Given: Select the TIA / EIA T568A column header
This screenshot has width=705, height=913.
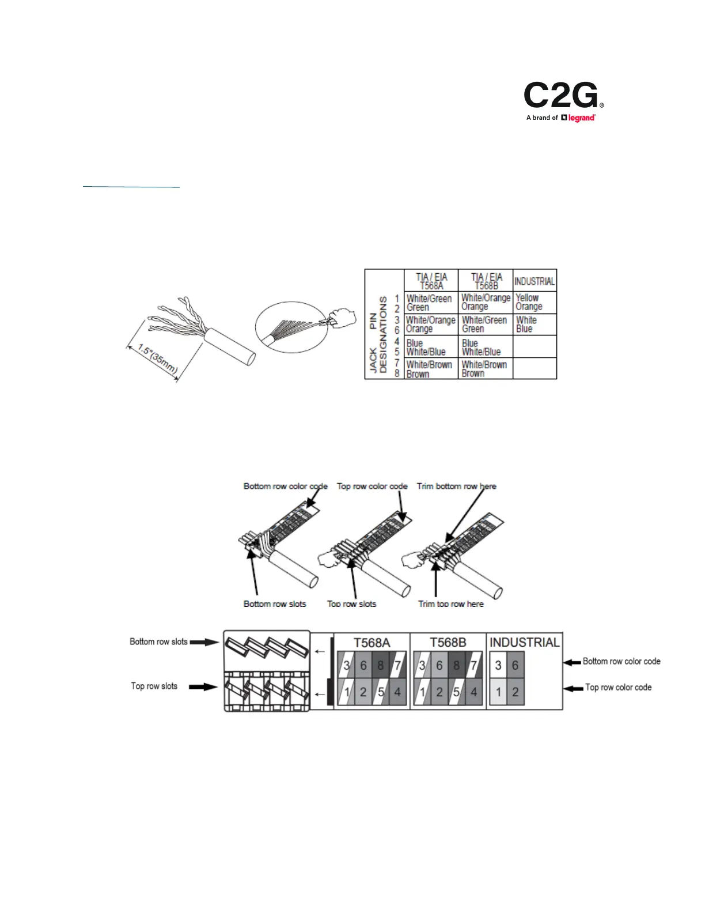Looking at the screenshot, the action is (431, 281).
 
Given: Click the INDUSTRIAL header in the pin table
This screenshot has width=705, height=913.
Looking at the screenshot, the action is (535, 281).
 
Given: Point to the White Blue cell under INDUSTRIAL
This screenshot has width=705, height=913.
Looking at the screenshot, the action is (526, 325).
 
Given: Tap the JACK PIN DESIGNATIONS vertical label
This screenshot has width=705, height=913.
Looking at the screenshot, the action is (378, 335).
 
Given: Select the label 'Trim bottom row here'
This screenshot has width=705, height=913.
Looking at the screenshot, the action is (456, 486).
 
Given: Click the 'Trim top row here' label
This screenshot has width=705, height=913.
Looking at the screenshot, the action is (451, 604).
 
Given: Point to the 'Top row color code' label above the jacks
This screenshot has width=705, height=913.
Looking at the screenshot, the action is (372, 486).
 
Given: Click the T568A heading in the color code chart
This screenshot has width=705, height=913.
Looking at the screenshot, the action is (372, 643).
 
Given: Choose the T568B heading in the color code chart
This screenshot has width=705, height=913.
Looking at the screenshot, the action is (448, 643).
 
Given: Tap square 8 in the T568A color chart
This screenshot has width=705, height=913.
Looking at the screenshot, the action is (380, 666).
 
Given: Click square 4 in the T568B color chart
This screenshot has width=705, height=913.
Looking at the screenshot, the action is (474, 692).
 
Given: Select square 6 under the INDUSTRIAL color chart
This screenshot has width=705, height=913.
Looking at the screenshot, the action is (515, 666).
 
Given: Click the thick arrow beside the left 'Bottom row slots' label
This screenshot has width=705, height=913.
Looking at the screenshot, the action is (204, 642).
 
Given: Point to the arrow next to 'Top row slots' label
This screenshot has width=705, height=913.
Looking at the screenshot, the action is (203, 686).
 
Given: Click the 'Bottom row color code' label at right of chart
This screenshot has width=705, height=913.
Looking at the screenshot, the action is (621, 662).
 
